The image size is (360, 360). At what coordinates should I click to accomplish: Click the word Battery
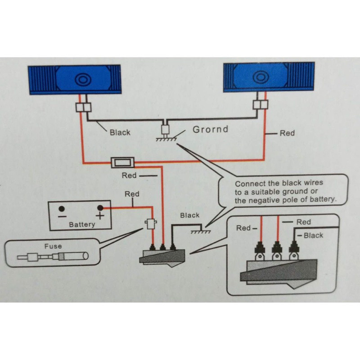pyautogui.click(x=82, y=224)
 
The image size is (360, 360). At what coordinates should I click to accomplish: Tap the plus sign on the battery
pyautogui.click(x=100, y=216)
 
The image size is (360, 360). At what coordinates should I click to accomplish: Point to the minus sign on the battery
pyautogui.click(x=62, y=216)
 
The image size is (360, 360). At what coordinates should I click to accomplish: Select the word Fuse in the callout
pyautogui.click(x=53, y=246)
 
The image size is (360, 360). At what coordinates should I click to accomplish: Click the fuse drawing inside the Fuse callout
pyautogui.click(x=53, y=256)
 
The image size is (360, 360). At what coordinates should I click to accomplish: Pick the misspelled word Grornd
pyautogui.click(x=210, y=129)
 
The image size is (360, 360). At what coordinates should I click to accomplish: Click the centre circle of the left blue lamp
pyautogui.click(x=83, y=80)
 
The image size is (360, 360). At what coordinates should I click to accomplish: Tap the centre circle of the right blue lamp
pyautogui.click(x=261, y=76)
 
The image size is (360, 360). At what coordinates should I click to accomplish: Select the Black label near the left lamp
pyautogui.click(x=120, y=132)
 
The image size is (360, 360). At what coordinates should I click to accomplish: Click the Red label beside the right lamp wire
pyautogui.click(x=287, y=133)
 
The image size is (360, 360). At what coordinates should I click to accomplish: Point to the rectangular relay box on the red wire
pyautogui.click(x=123, y=162)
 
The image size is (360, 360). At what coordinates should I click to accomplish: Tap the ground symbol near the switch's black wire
pyautogui.click(x=201, y=232)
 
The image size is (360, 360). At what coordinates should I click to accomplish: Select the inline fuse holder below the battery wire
pyautogui.click(x=151, y=224)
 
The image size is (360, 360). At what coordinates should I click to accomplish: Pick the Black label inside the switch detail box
pyautogui.click(x=313, y=235)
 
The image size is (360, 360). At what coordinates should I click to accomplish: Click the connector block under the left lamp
pyautogui.click(x=83, y=108)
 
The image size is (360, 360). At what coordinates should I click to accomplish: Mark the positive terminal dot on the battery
pyautogui.click(x=100, y=208)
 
